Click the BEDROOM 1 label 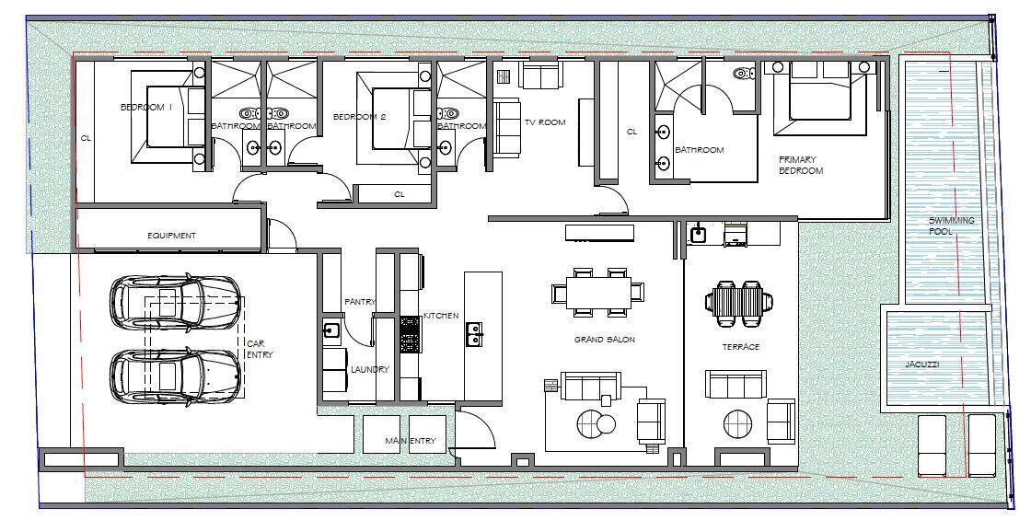(x=143, y=108)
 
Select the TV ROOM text (x=545, y=122)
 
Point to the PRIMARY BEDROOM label (x=800, y=165)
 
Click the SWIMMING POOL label (x=951, y=226)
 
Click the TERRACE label (x=740, y=347)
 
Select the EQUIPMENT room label (x=172, y=236)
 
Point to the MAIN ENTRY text (x=410, y=442)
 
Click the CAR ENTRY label (x=259, y=349)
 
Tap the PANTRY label (x=359, y=302)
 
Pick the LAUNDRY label (x=370, y=369)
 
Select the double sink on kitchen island (x=476, y=333)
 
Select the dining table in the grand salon (x=597, y=293)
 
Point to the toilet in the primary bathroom (x=742, y=73)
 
